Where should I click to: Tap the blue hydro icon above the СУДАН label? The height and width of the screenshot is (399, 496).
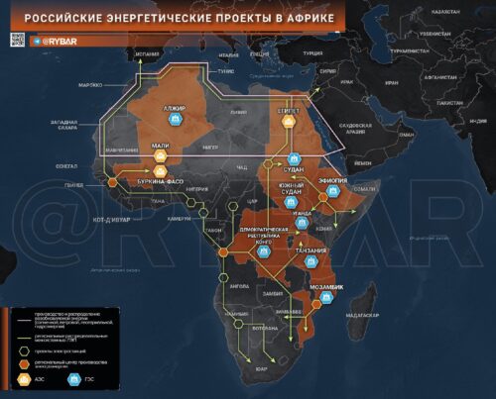[295, 158]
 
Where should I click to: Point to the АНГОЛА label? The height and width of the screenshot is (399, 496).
[239, 285]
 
